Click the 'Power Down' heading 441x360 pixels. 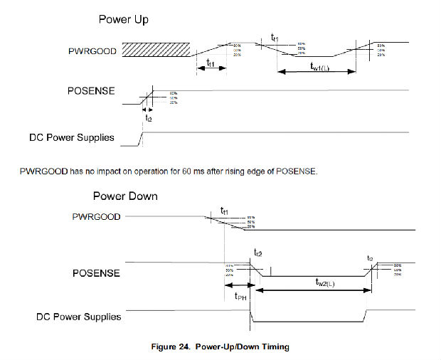click(125, 195)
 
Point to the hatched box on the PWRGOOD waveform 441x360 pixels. click(156, 49)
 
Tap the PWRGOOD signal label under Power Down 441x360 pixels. click(97, 216)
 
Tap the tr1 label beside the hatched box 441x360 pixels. click(211, 63)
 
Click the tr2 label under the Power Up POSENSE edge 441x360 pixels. click(148, 119)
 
